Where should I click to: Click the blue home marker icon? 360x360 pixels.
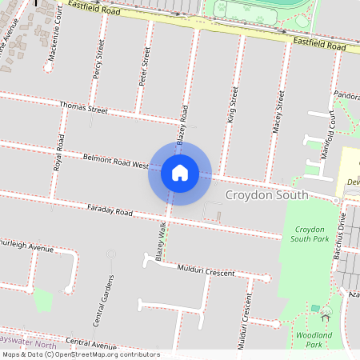click(x=179, y=172)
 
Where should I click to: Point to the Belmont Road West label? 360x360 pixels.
click(x=115, y=162)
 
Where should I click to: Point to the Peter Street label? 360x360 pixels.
click(x=145, y=66)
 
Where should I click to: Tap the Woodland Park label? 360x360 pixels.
click(x=308, y=339)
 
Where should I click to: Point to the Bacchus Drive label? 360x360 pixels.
click(x=342, y=238)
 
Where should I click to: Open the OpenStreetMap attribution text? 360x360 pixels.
click(x=80, y=354)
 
